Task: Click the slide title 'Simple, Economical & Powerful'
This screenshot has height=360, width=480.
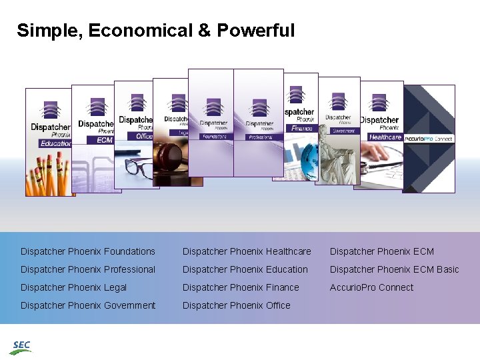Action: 155,31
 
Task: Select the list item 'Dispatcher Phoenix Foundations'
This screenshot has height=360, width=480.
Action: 88,251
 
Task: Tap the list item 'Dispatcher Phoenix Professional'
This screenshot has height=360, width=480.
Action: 88,269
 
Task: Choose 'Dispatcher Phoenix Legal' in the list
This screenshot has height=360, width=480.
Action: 73,287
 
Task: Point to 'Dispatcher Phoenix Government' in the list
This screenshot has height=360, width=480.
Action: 88,305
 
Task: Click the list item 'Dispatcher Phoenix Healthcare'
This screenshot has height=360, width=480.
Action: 247,251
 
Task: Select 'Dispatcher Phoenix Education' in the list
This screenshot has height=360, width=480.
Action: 245,269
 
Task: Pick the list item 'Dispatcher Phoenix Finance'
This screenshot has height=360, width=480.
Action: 241,287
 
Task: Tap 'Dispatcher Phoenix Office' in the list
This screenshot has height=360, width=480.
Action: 237,305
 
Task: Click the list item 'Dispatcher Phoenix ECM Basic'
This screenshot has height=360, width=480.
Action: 395,269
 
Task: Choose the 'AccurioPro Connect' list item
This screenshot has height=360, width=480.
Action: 371,287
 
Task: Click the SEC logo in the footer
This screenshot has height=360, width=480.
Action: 21,347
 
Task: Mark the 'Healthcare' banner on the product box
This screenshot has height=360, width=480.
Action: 385,137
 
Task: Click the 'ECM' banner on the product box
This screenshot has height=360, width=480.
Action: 105,140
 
